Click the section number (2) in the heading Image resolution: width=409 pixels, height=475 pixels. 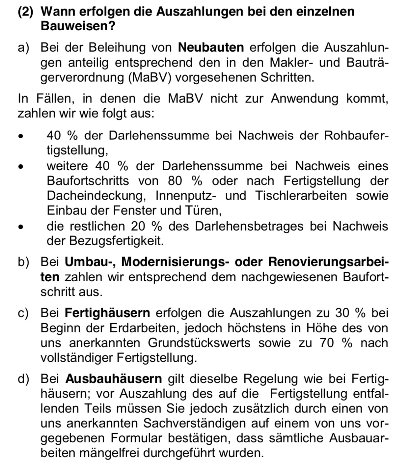(25, 12)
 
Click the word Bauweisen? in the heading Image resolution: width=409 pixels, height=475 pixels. (78, 26)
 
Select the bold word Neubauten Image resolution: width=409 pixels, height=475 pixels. (211, 47)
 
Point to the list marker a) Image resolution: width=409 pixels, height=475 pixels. (23, 47)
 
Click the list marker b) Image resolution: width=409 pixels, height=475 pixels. (23, 262)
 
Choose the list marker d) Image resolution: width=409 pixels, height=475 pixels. (23, 379)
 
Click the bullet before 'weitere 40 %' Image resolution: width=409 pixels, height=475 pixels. (21, 167)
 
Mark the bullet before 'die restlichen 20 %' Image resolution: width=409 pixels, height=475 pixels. (21, 227)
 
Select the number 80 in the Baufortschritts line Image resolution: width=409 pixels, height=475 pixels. (175, 181)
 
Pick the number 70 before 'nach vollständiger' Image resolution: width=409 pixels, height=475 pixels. (326, 343)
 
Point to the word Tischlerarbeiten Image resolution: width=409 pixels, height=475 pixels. (301, 196)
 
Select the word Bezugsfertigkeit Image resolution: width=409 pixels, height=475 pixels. (116, 241)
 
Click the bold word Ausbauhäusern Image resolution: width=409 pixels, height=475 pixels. (114, 379)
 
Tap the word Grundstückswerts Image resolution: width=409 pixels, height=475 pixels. (199, 343)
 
